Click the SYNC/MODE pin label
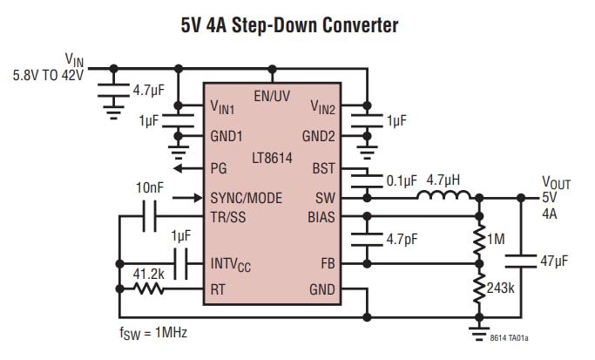point(247,198)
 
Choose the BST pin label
point(324,168)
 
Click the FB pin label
point(328,262)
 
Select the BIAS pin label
point(321,217)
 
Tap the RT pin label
point(220,289)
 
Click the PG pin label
point(220,169)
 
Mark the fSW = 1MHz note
point(152,333)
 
